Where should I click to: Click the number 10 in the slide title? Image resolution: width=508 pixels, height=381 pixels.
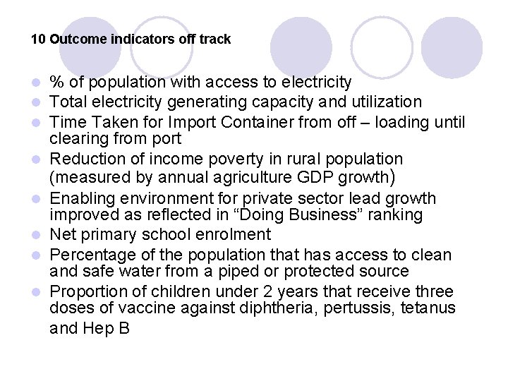click(38, 40)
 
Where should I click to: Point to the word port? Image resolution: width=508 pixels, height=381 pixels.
click(166, 139)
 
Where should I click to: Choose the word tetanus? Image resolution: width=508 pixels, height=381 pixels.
click(430, 308)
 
